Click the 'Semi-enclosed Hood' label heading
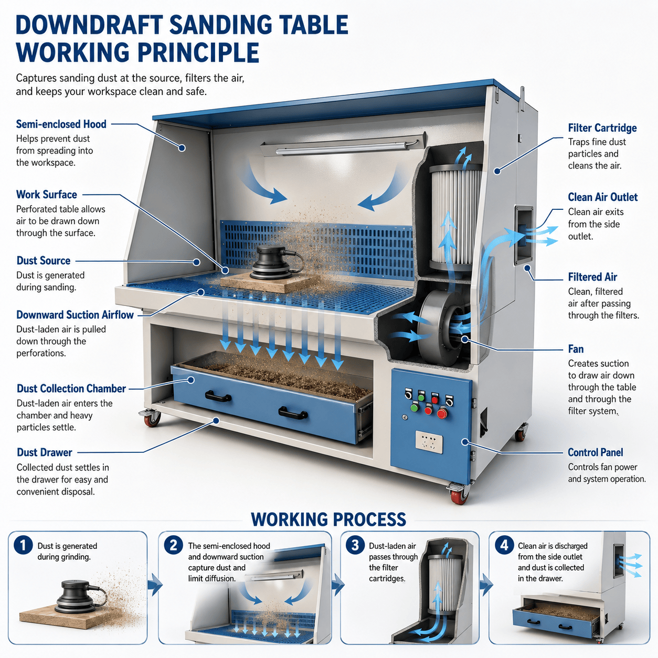point(61,124)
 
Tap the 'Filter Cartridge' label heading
point(602,128)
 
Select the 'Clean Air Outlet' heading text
point(603,197)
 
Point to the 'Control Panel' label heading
point(595,452)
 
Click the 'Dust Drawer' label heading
point(45,452)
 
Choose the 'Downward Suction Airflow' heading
point(75,314)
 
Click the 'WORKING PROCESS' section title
point(328,519)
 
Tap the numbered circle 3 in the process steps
point(355,545)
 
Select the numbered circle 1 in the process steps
point(23,545)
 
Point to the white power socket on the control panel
point(429,442)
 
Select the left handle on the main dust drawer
point(218,397)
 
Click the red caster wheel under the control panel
point(459,496)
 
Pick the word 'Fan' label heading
point(576,349)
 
